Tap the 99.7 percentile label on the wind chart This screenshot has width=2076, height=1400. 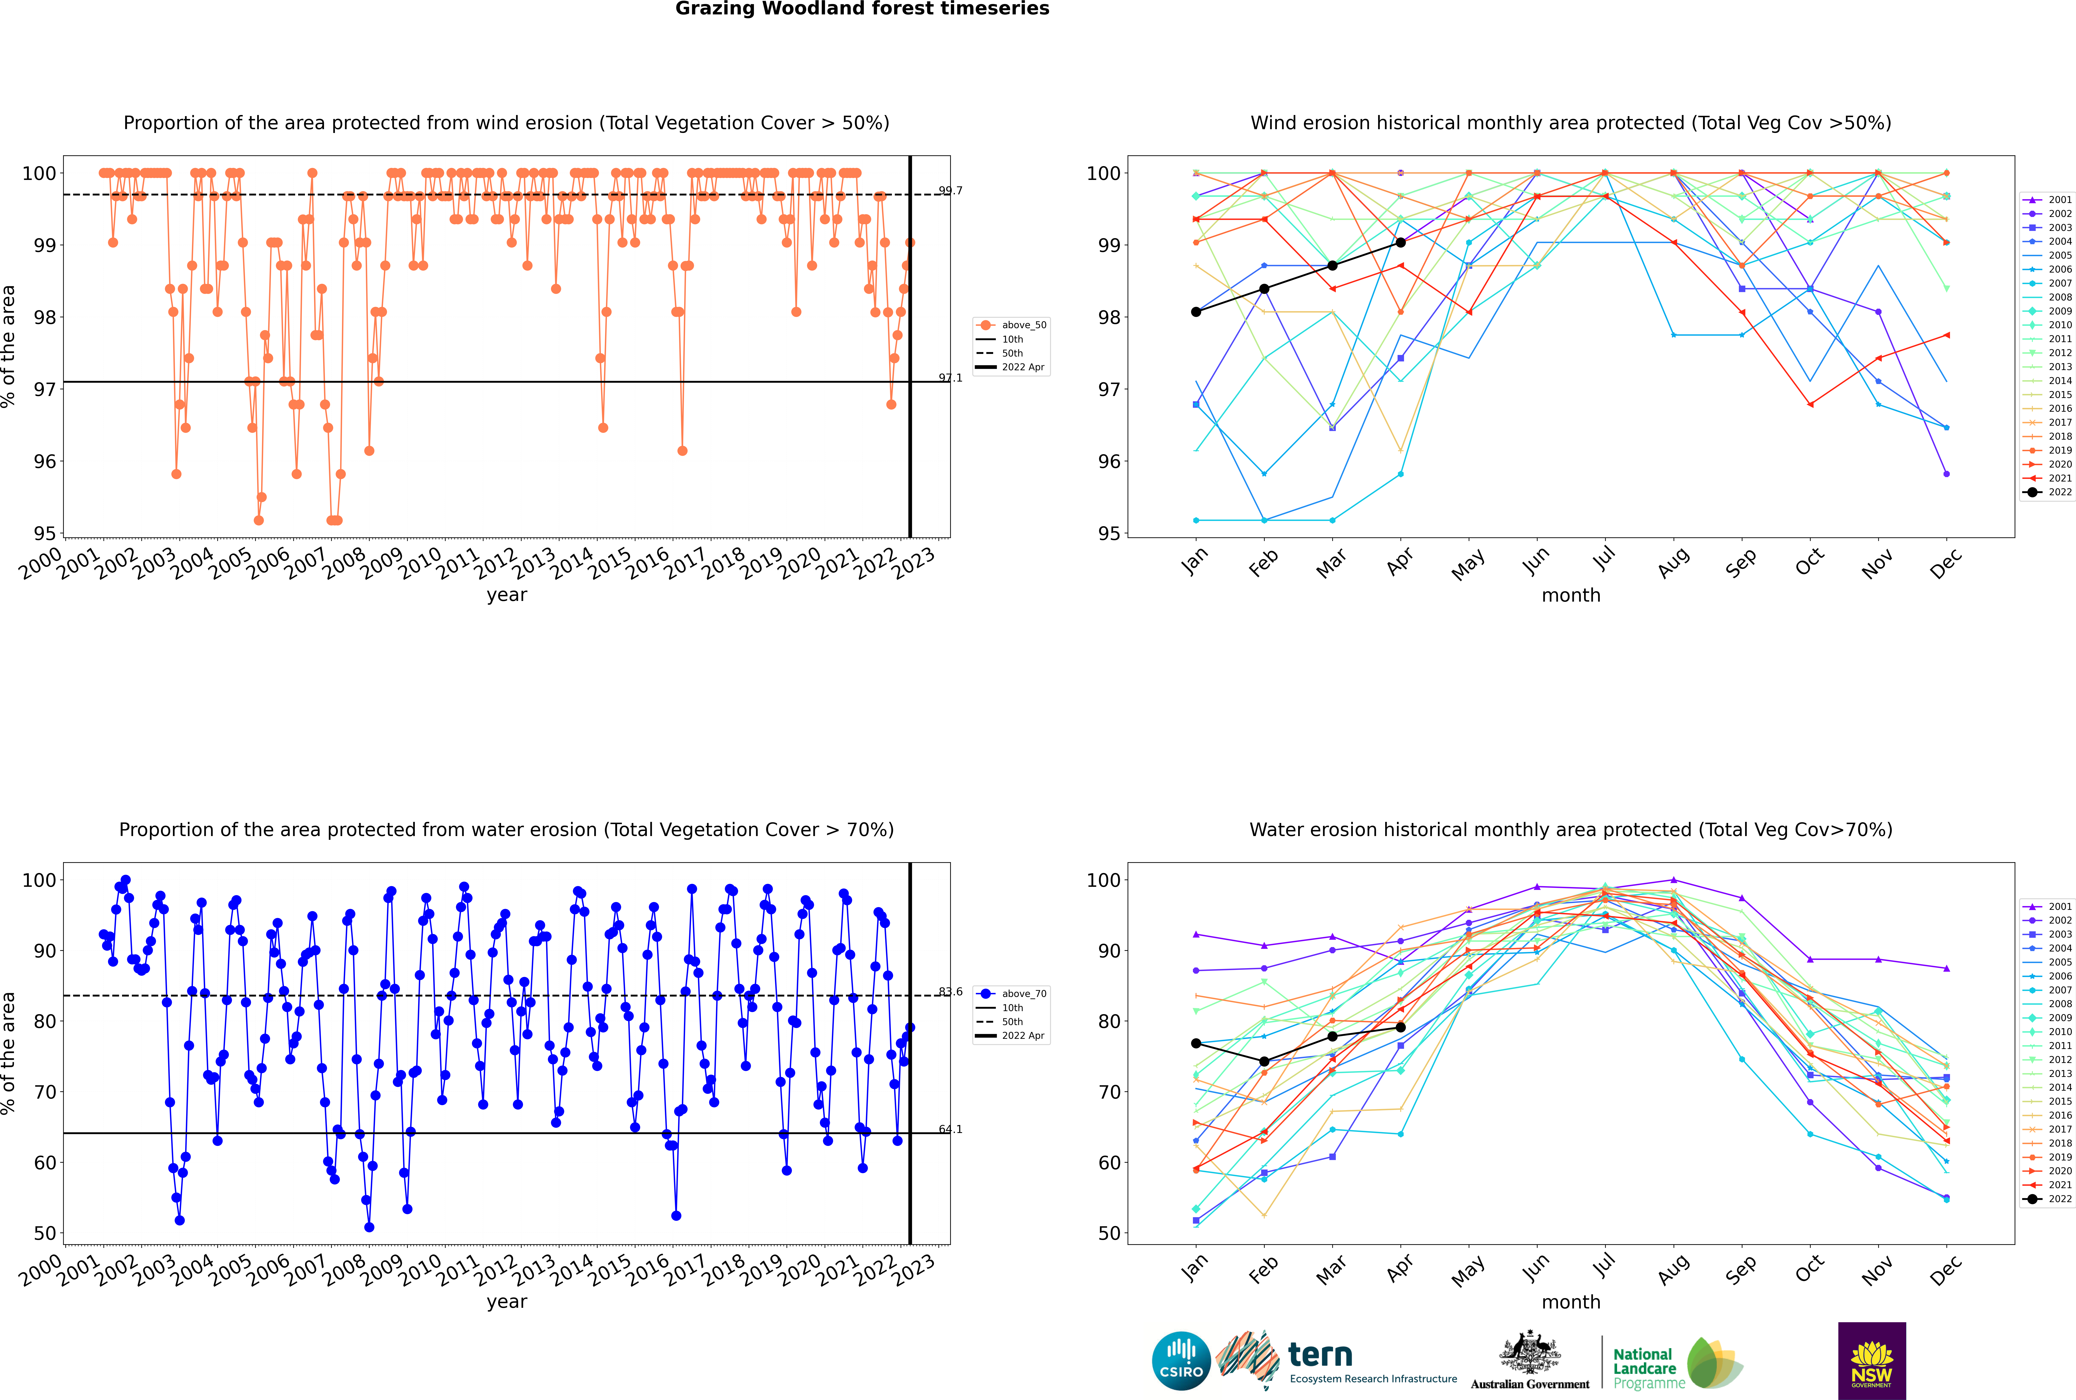point(951,190)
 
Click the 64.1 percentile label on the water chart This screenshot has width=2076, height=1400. point(951,1129)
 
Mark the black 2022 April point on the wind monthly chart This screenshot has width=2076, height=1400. point(1400,243)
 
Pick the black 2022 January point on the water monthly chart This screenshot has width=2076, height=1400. point(1196,1043)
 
